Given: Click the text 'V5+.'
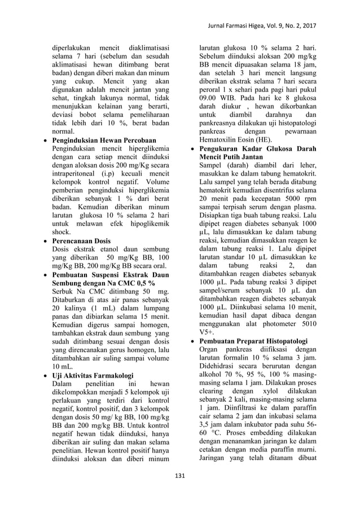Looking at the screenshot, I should click(x=207, y=332).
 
